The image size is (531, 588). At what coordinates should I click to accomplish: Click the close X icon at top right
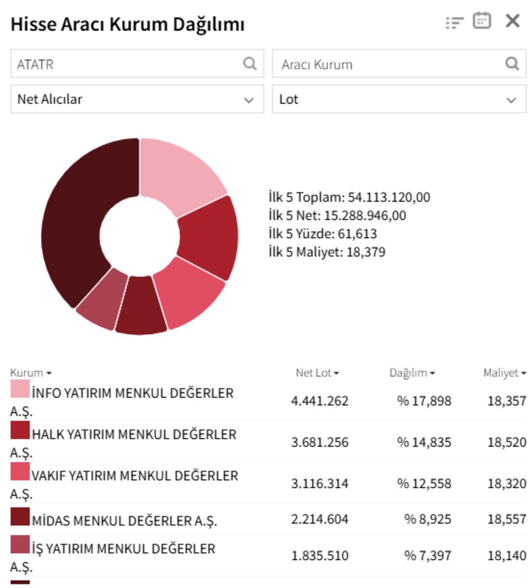coord(512,21)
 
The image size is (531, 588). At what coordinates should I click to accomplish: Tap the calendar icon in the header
coord(481,21)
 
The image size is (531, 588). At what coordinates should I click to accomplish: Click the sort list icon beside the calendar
coord(454,23)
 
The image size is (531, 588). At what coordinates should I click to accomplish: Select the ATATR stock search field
coord(128,64)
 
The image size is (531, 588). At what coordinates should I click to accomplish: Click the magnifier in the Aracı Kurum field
coord(512,63)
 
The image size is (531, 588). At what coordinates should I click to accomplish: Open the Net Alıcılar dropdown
coord(137,99)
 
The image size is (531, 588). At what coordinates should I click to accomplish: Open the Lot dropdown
coord(399,99)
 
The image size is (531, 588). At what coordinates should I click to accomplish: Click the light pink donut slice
coord(179,172)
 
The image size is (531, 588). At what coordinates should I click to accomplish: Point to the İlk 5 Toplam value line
coord(349,197)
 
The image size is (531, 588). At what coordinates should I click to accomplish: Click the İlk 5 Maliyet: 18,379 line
coord(327,252)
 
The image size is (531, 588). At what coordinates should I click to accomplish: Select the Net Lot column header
coord(317,373)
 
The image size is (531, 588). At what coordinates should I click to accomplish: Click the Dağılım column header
coord(412,373)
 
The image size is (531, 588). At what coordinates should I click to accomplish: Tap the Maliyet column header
coord(504,373)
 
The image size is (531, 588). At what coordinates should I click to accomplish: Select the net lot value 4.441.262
coord(320,401)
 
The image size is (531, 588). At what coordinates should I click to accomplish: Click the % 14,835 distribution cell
coord(424,442)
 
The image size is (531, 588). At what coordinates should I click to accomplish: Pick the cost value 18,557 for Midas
coord(506,519)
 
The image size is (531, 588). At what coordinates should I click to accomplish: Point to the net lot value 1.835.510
coord(320,556)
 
